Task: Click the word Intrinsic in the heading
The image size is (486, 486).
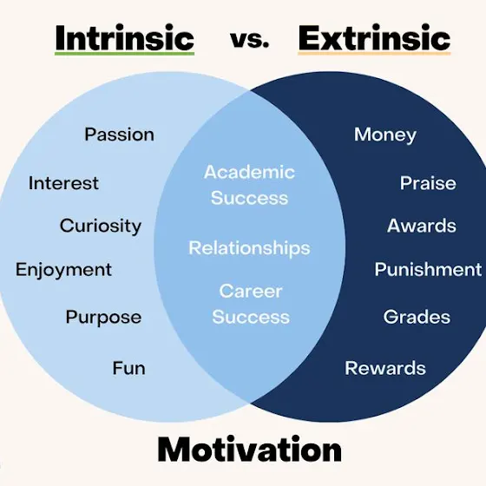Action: (x=125, y=38)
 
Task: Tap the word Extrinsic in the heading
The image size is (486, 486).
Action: (x=374, y=38)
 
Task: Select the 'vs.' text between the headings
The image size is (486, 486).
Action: (x=250, y=40)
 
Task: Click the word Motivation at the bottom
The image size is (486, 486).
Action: (x=250, y=450)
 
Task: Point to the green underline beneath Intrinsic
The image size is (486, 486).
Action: (x=125, y=54)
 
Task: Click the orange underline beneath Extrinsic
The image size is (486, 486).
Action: (x=374, y=54)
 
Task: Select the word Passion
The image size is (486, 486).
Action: (x=120, y=135)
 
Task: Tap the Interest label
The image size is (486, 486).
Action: (x=63, y=183)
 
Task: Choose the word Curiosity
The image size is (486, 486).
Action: (x=101, y=226)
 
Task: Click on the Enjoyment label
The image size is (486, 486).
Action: (x=63, y=270)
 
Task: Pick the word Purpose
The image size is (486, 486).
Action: (x=103, y=318)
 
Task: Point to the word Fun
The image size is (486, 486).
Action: (x=128, y=368)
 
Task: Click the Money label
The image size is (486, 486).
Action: (x=385, y=135)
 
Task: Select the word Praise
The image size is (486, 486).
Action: (x=428, y=183)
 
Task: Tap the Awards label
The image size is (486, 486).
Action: (x=422, y=226)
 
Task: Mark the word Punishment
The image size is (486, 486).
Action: (x=428, y=269)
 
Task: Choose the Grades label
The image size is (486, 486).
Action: (x=417, y=317)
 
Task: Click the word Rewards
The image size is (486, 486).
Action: (x=385, y=368)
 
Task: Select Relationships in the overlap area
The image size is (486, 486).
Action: (x=250, y=248)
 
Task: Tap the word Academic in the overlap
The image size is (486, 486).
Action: (x=250, y=172)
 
